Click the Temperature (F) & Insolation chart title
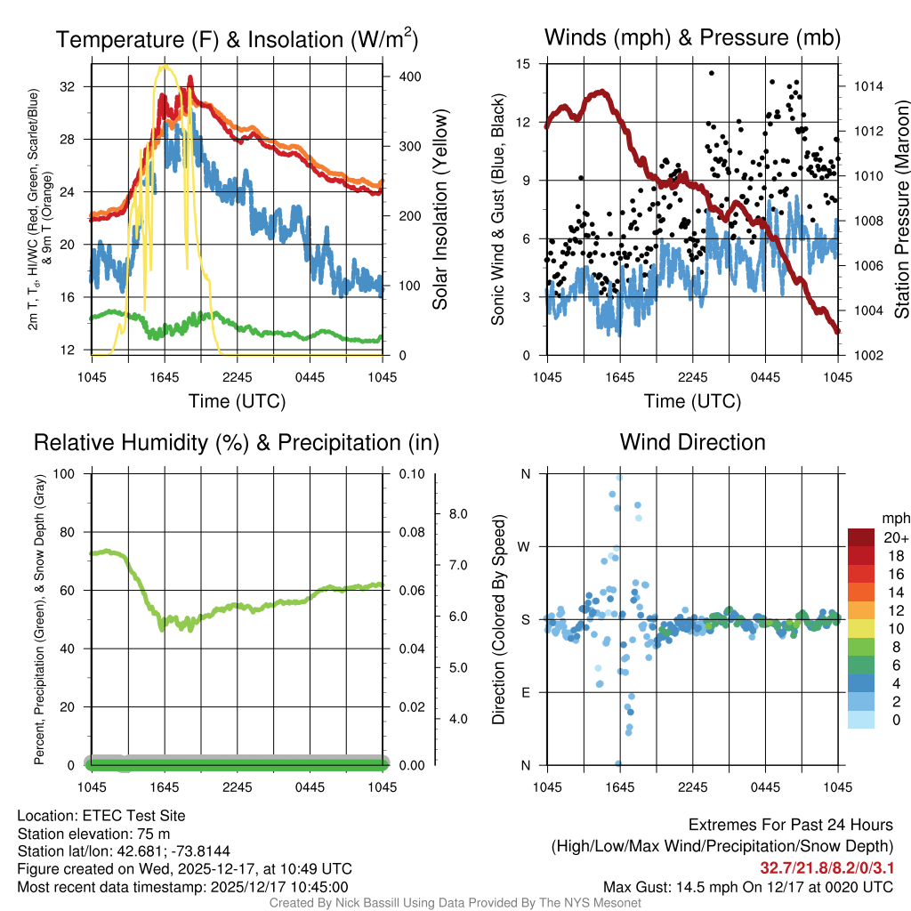coord(237,39)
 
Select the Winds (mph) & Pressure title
coord(692,37)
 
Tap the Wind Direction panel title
coord(692,442)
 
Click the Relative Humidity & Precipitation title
coord(237,442)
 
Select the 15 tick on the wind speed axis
coord(523,64)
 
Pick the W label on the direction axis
coord(525,546)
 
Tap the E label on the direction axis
coord(525,692)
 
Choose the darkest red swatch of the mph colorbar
coord(861,537)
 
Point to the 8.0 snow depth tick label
coord(460,513)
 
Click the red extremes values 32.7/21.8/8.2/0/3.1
coord(826,867)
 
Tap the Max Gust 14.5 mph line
coord(747,886)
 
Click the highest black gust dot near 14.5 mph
coord(711,73)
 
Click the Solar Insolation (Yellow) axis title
coord(439,209)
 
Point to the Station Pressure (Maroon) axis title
coord(900,209)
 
